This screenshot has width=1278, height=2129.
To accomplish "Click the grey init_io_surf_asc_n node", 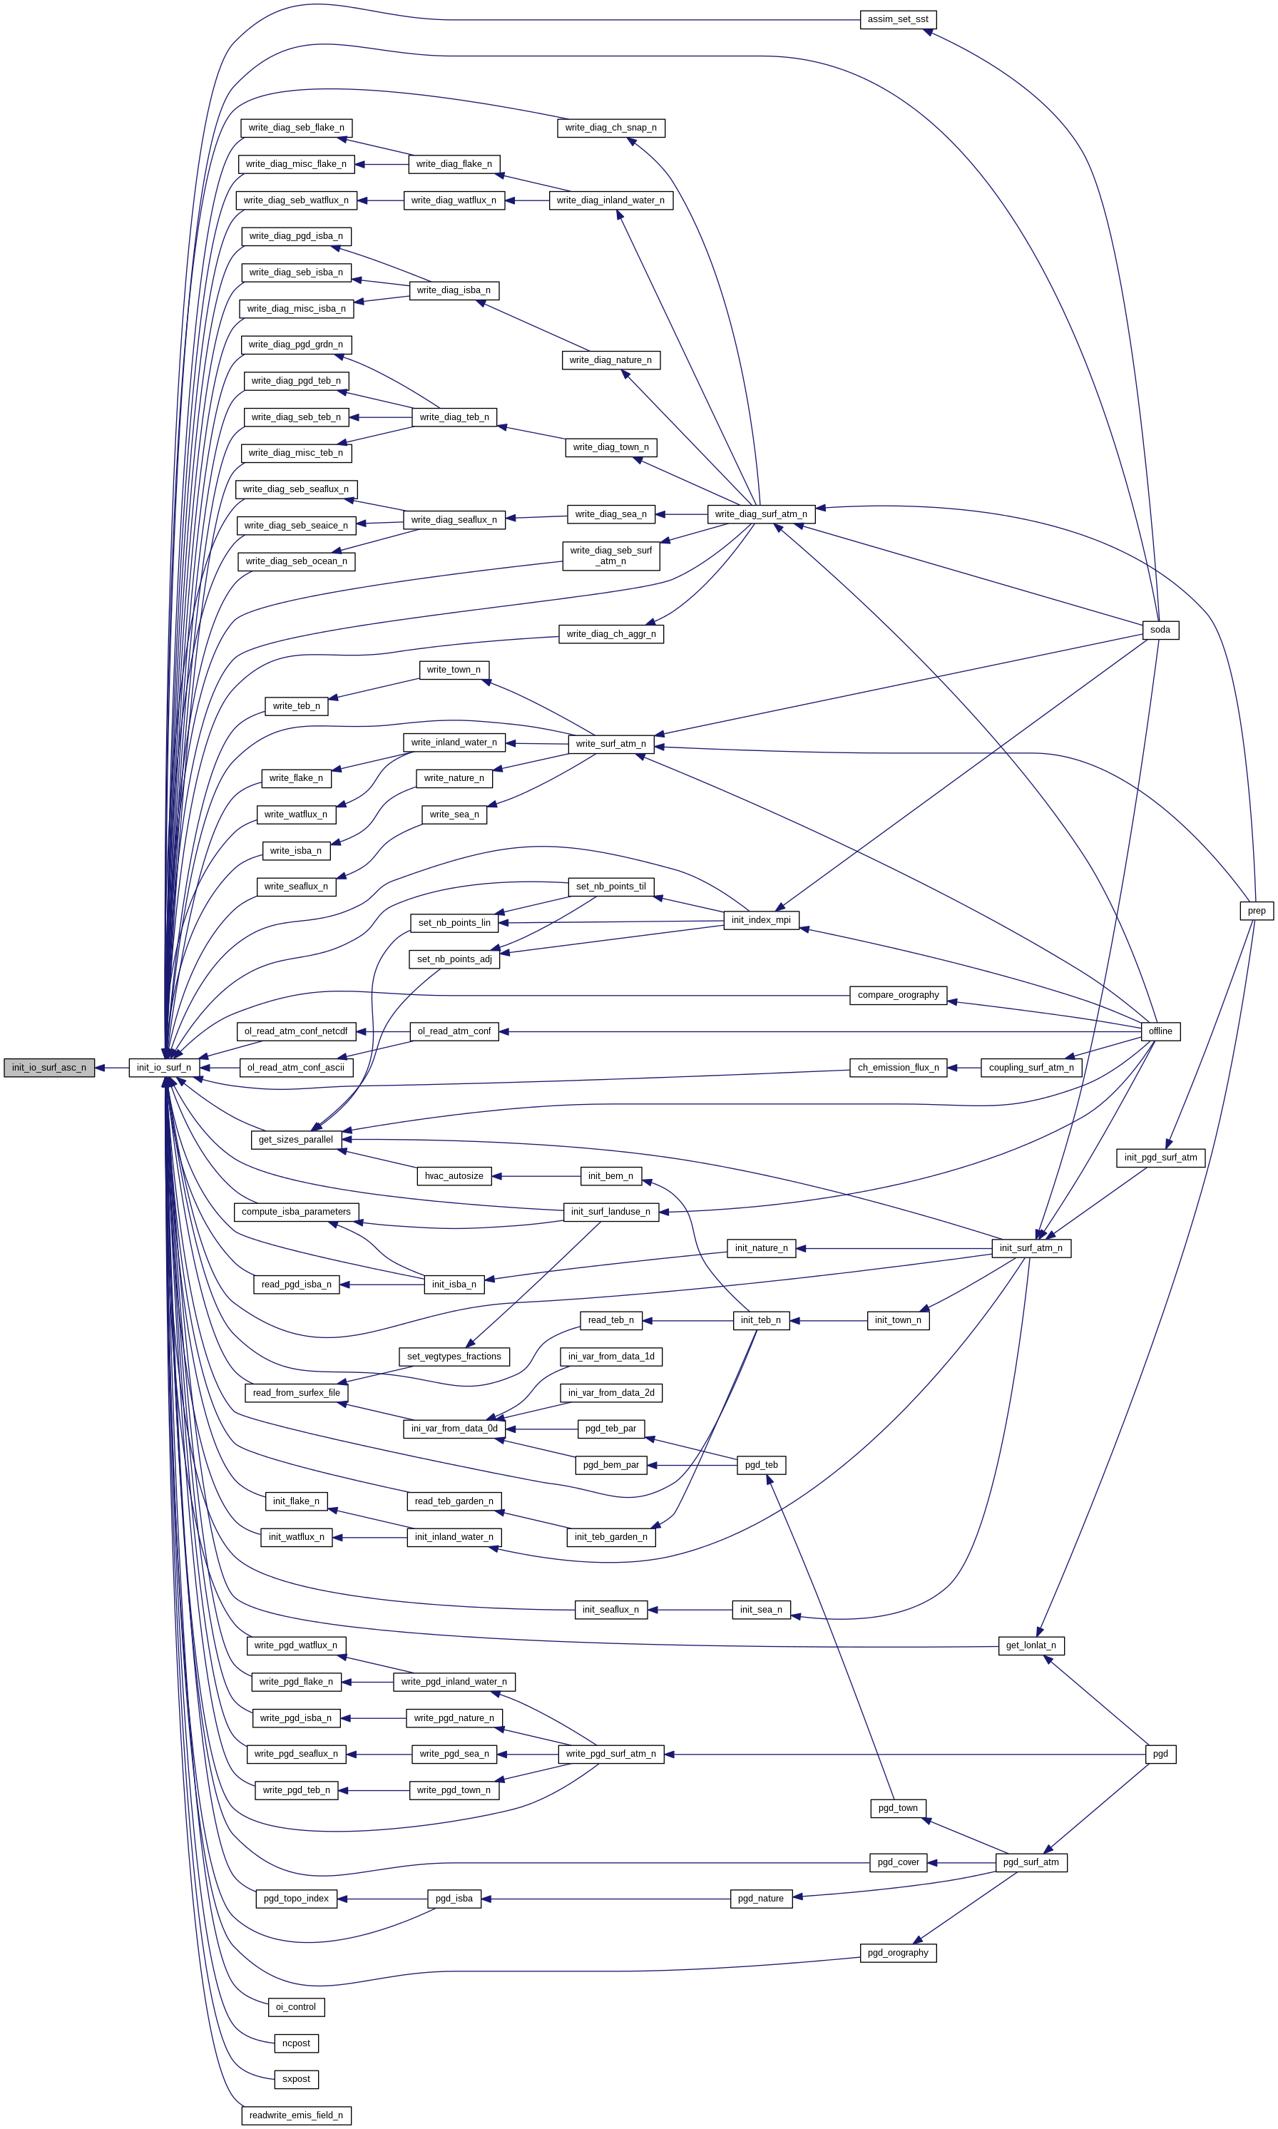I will [49, 1068].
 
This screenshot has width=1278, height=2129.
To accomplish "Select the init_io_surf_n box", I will [163, 1068].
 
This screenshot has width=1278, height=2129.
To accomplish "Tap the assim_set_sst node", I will [897, 19].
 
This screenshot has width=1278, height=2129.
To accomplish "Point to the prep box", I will [1257, 910].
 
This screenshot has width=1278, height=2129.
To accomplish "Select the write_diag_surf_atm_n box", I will [760, 514].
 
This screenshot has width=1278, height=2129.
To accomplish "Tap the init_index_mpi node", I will [760, 920].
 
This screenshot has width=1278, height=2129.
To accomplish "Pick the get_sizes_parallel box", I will [295, 1140].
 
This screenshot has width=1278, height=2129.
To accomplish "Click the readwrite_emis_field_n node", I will [295, 2115].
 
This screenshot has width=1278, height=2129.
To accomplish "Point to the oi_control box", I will [295, 2007].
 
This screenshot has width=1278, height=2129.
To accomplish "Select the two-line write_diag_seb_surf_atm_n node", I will [610, 556].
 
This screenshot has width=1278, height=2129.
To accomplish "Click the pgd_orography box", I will [897, 1952].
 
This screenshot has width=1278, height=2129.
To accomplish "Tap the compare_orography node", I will [897, 995].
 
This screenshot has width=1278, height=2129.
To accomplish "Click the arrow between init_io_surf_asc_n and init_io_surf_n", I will [112, 1068].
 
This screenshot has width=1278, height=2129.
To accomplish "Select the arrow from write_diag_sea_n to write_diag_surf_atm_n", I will [681, 514].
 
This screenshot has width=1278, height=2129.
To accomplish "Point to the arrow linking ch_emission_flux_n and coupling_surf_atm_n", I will [963, 1068].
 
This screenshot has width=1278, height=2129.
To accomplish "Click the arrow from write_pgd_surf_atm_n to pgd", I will [904, 1754].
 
